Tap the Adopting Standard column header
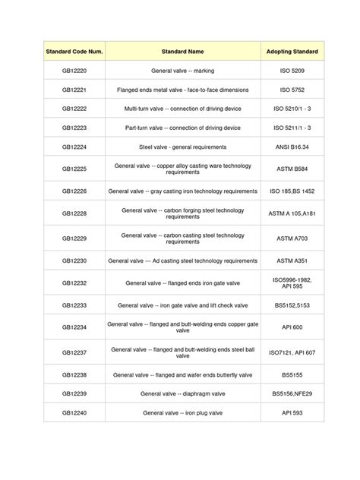coord(292,52)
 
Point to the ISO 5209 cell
coord(292,71)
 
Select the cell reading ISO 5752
coord(292,90)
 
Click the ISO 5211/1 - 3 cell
coord(292,127)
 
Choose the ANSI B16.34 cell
coord(292,146)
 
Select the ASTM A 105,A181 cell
coord(292,214)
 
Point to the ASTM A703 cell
coord(292,238)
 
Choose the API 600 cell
coord(292,327)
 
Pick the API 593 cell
coord(292,413)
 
